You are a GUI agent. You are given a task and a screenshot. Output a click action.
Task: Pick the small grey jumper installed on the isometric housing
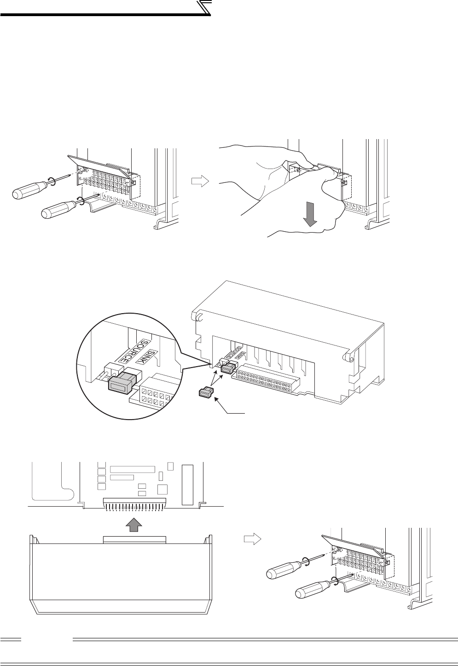point(226,368)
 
